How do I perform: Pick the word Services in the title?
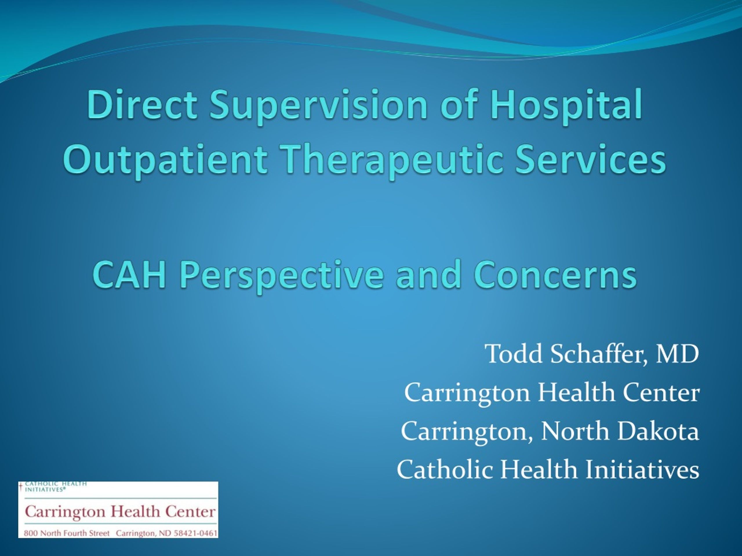coord(591,158)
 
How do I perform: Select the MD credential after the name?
coord(677,354)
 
